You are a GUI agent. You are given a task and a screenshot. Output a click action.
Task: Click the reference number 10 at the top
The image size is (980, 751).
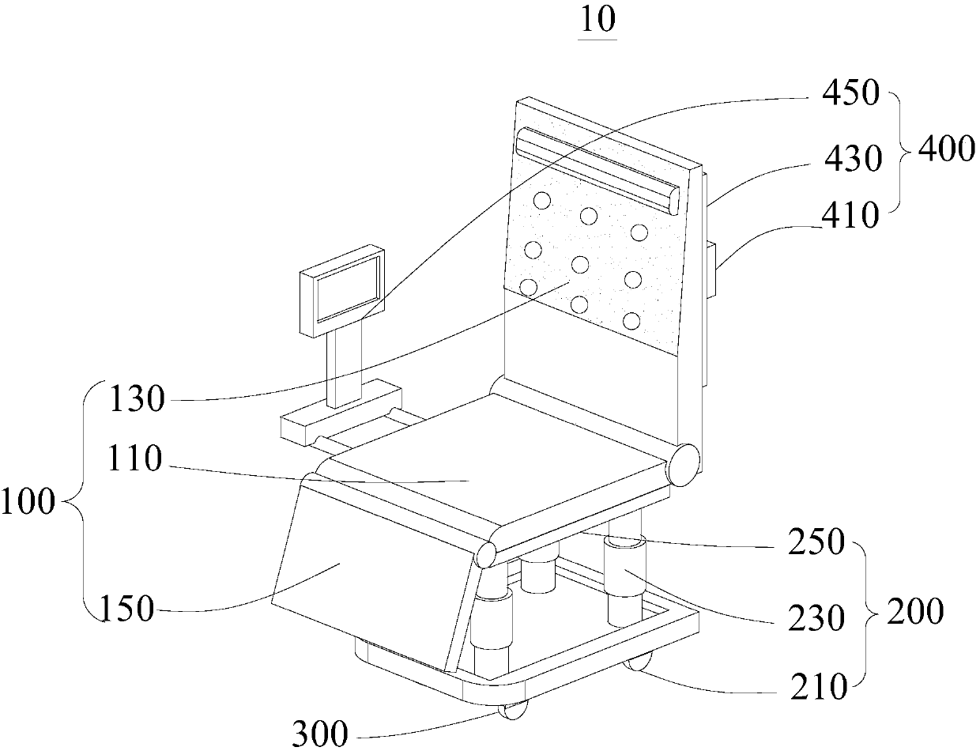[597, 20]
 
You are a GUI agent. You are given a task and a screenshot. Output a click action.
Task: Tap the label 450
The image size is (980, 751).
[849, 93]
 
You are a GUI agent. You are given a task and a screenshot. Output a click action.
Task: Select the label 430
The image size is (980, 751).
[850, 160]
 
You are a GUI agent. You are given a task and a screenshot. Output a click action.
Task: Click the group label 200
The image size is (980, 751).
[915, 612]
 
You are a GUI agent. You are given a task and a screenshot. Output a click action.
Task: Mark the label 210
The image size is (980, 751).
[817, 688]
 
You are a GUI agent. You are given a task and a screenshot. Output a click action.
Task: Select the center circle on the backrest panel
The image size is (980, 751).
[581, 264]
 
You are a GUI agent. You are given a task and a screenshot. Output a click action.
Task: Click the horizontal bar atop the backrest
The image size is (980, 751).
[597, 169]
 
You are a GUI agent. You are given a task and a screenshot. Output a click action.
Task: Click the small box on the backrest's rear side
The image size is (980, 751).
[711, 270]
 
